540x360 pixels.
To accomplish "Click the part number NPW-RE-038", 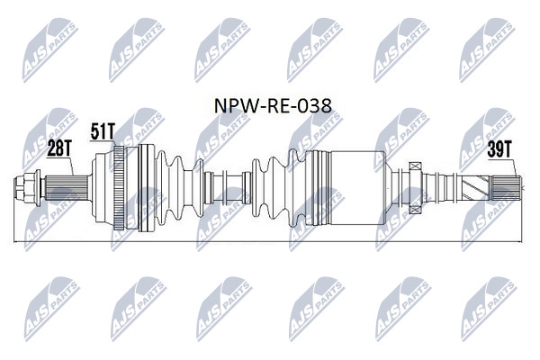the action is pyautogui.click(x=273, y=106).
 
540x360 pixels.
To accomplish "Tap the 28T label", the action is pyautogui.click(x=58, y=148).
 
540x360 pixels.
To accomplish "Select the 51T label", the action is pyautogui.click(x=103, y=131).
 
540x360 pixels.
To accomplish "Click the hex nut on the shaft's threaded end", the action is pyautogui.click(x=25, y=188).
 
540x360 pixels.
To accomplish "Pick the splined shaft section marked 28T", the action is pyautogui.click(x=66, y=188).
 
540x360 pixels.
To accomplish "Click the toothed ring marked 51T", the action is pyautogui.click(x=119, y=188).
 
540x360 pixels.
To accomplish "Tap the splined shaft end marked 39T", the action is pyautogui.click(x=506, y=188).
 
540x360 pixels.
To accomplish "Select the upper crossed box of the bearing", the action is pyautogui.click(x=415, y=166).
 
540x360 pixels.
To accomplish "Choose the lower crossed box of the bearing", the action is pyautogui.click(x=415, y=210).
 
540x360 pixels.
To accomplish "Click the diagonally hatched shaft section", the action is pyautogui.click(x=475, y=188).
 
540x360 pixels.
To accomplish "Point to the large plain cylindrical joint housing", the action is pyautogui.click(x=356, y=188).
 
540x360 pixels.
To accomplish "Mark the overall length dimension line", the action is pyautogui.click(x=268, y=242).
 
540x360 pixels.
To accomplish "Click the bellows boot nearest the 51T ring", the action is pyautogui.click(x=179, y=188).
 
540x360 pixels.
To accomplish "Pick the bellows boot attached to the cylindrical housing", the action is pyautogui.click(x=278, y=188).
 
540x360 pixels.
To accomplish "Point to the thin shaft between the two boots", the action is pyautogui.click(x=228, y=188).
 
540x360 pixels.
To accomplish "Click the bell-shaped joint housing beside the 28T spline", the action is pyautogui.click(x=103, y=188).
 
